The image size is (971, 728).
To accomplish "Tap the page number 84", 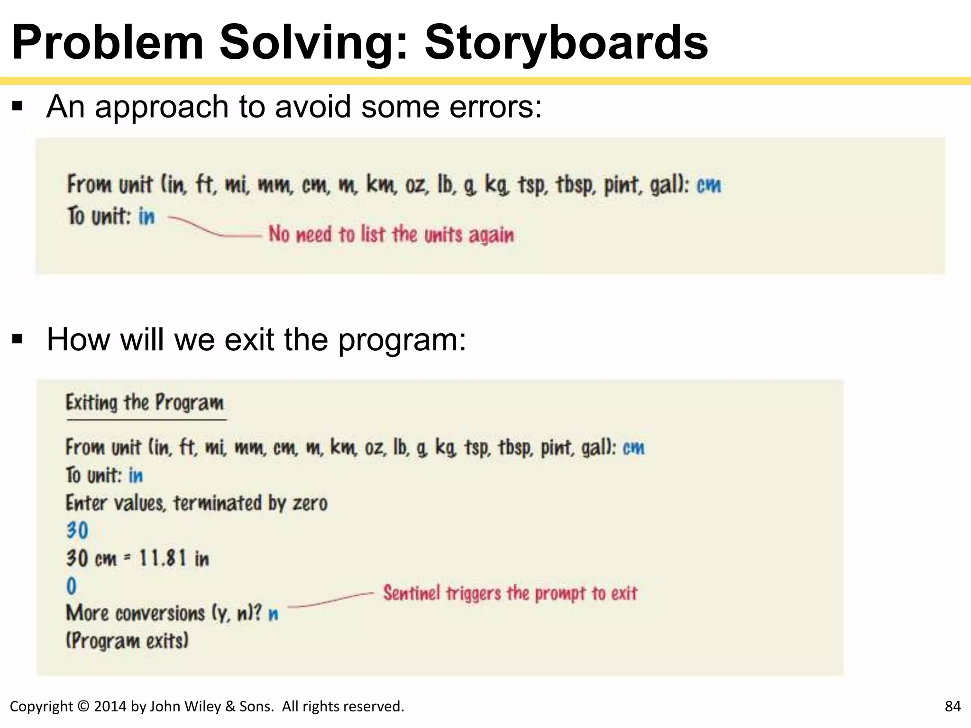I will (x=953, y=706).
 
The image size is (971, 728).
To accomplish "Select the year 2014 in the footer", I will (x=110, y=706).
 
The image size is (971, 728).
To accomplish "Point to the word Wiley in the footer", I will (x=202, y=706).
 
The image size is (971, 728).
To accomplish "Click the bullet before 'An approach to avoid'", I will (x=18, y=106).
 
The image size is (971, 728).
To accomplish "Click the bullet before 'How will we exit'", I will (x=18, y=339).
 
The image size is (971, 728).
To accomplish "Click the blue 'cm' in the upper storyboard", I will (x=709, y=185).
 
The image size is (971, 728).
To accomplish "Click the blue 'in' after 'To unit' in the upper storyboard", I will (x=147, y=217).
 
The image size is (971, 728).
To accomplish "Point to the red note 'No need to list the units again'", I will (x=391, y=235).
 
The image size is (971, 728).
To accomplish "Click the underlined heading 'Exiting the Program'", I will (x=145, y=403).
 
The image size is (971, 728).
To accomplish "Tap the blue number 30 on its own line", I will (x=77, y=530).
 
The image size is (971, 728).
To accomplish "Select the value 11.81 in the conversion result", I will (x=162, y=558).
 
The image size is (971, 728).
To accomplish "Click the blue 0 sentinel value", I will (x=72, y=586).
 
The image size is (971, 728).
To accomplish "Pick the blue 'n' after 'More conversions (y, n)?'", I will (x=274, y=614).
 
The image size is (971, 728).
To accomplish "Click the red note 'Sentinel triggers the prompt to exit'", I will (x=510, y=593).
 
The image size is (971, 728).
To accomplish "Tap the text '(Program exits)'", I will (x=127, y=641).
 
